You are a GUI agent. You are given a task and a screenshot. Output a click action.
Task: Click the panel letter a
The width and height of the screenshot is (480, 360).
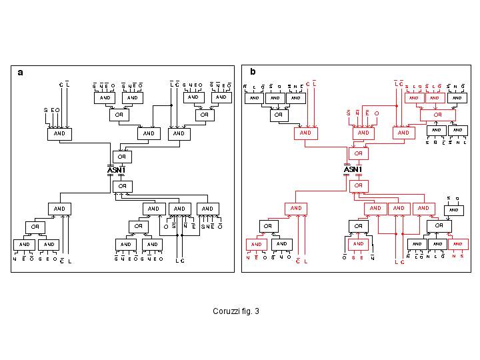coord(21,73)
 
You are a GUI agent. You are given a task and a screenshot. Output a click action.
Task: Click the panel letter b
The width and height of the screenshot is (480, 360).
coord(253,72)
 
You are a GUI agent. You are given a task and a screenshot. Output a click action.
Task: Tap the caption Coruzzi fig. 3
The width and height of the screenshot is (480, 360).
coord(236,311)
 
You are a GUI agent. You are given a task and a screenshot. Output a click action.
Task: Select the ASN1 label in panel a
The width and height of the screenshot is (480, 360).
coord(116,170)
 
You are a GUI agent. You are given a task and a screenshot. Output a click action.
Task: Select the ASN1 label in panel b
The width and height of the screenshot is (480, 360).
coord(353,170)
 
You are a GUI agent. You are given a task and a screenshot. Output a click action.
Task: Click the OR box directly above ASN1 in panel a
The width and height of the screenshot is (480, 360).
coord(122,157)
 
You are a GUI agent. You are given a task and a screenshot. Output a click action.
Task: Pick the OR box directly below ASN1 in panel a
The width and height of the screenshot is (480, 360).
coord(122,186)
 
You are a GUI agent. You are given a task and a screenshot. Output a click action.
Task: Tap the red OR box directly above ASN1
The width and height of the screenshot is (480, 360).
coord(359,153)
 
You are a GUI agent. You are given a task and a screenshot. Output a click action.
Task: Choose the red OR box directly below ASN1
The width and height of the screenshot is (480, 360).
coord(359,185)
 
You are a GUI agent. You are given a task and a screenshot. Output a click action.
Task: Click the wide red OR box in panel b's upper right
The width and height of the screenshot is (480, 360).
coord(437,115)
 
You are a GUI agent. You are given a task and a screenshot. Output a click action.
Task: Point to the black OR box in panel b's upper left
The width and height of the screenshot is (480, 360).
coord(278,115)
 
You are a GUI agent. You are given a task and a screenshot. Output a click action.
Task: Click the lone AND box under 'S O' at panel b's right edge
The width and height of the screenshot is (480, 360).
coord(453,210)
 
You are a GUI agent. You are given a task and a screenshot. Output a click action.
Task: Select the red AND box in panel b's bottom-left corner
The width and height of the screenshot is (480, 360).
coord(257,245)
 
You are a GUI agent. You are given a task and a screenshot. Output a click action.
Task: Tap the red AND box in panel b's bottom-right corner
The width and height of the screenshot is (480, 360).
coord(458,244)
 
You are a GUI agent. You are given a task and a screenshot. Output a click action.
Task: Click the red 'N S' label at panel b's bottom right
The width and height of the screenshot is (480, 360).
coord(457,256)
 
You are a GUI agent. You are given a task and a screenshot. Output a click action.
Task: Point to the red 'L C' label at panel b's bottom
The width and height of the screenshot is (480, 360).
coord(399,262)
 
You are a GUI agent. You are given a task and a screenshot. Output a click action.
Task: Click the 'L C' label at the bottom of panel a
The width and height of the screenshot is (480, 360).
coord(179,261)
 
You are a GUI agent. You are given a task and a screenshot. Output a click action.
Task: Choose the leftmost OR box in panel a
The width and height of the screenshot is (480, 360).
coord(36,227)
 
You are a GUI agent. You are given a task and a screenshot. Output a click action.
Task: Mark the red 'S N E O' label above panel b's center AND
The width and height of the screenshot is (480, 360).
coord(363,113)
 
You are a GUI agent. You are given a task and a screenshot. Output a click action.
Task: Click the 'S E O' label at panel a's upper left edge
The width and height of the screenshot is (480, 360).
coord(52,110)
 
